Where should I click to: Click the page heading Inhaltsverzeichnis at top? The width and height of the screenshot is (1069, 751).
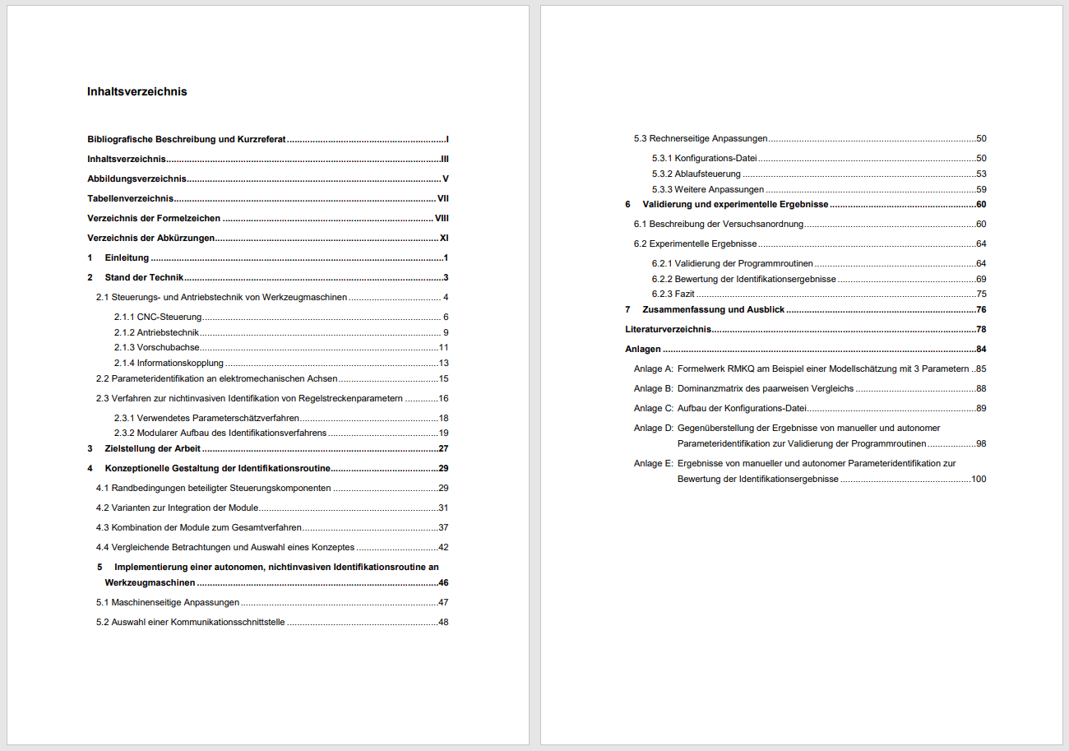[137, 92]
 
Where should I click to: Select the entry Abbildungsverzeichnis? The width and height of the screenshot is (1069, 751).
[137, 178]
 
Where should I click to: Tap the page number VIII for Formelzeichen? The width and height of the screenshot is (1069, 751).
[441, 218]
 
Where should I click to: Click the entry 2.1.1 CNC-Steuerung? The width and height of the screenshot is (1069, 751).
[158, 317]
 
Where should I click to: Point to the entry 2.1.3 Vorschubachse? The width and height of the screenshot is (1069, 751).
[156, 347]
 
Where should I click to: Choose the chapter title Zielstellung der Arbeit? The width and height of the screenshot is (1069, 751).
[152, 448]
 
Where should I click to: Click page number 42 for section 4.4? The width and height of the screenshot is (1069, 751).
[443, 547]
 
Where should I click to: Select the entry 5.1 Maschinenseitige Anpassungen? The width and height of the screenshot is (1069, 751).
[168, 602]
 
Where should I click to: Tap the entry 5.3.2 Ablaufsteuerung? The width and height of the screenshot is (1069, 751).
[696, 174]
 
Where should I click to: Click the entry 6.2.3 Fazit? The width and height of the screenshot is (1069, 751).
[673, 294]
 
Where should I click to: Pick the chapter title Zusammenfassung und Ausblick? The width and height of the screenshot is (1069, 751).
[713, 310]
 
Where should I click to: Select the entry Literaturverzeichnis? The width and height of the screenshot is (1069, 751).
[668, 330]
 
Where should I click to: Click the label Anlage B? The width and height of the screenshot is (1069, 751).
[654, 388]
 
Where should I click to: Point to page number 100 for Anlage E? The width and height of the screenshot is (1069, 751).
[979, 479]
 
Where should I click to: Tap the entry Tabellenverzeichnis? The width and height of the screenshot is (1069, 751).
[130, 198]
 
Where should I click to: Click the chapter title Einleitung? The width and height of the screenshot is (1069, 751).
[127, 257]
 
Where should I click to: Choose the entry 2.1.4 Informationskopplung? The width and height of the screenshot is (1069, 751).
[169, 363]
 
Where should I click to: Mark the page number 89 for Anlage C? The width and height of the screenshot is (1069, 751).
[981, 408]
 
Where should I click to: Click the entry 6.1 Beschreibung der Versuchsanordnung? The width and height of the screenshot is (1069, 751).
[718, 224]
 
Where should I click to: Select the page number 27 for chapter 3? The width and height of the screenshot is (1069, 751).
[443, 448]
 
